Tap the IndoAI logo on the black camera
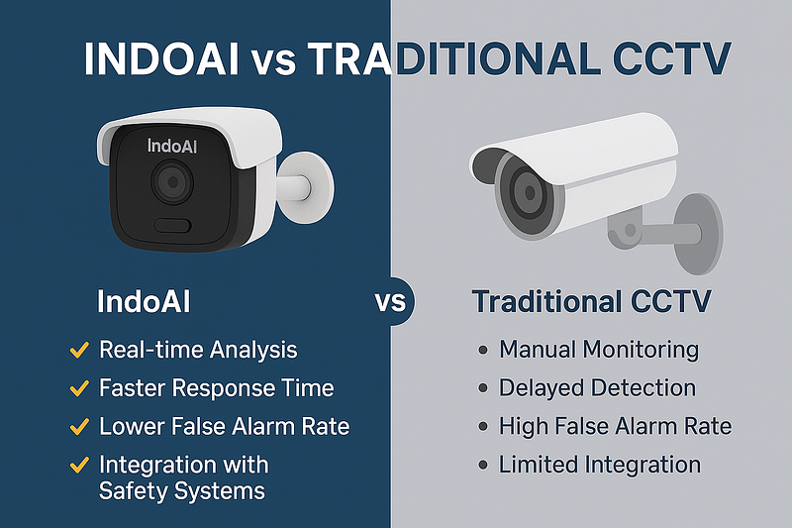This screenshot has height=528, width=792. (x=173, y=145)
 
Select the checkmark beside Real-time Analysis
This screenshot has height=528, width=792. (x=76, y=350)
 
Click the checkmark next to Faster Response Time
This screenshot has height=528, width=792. (x=76, y=388)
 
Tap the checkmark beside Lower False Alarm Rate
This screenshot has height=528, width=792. (x=76, y=427)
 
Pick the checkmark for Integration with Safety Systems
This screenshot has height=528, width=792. (x=76, y=465)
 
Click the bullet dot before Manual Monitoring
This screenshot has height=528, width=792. (x=482, y=350)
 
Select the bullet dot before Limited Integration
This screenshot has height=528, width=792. (x=482, y=465)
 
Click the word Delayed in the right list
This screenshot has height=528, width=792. (x=541, y=388)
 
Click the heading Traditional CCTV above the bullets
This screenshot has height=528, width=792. (x=591, y=301)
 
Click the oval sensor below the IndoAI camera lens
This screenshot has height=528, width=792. (x=173, y=224)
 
